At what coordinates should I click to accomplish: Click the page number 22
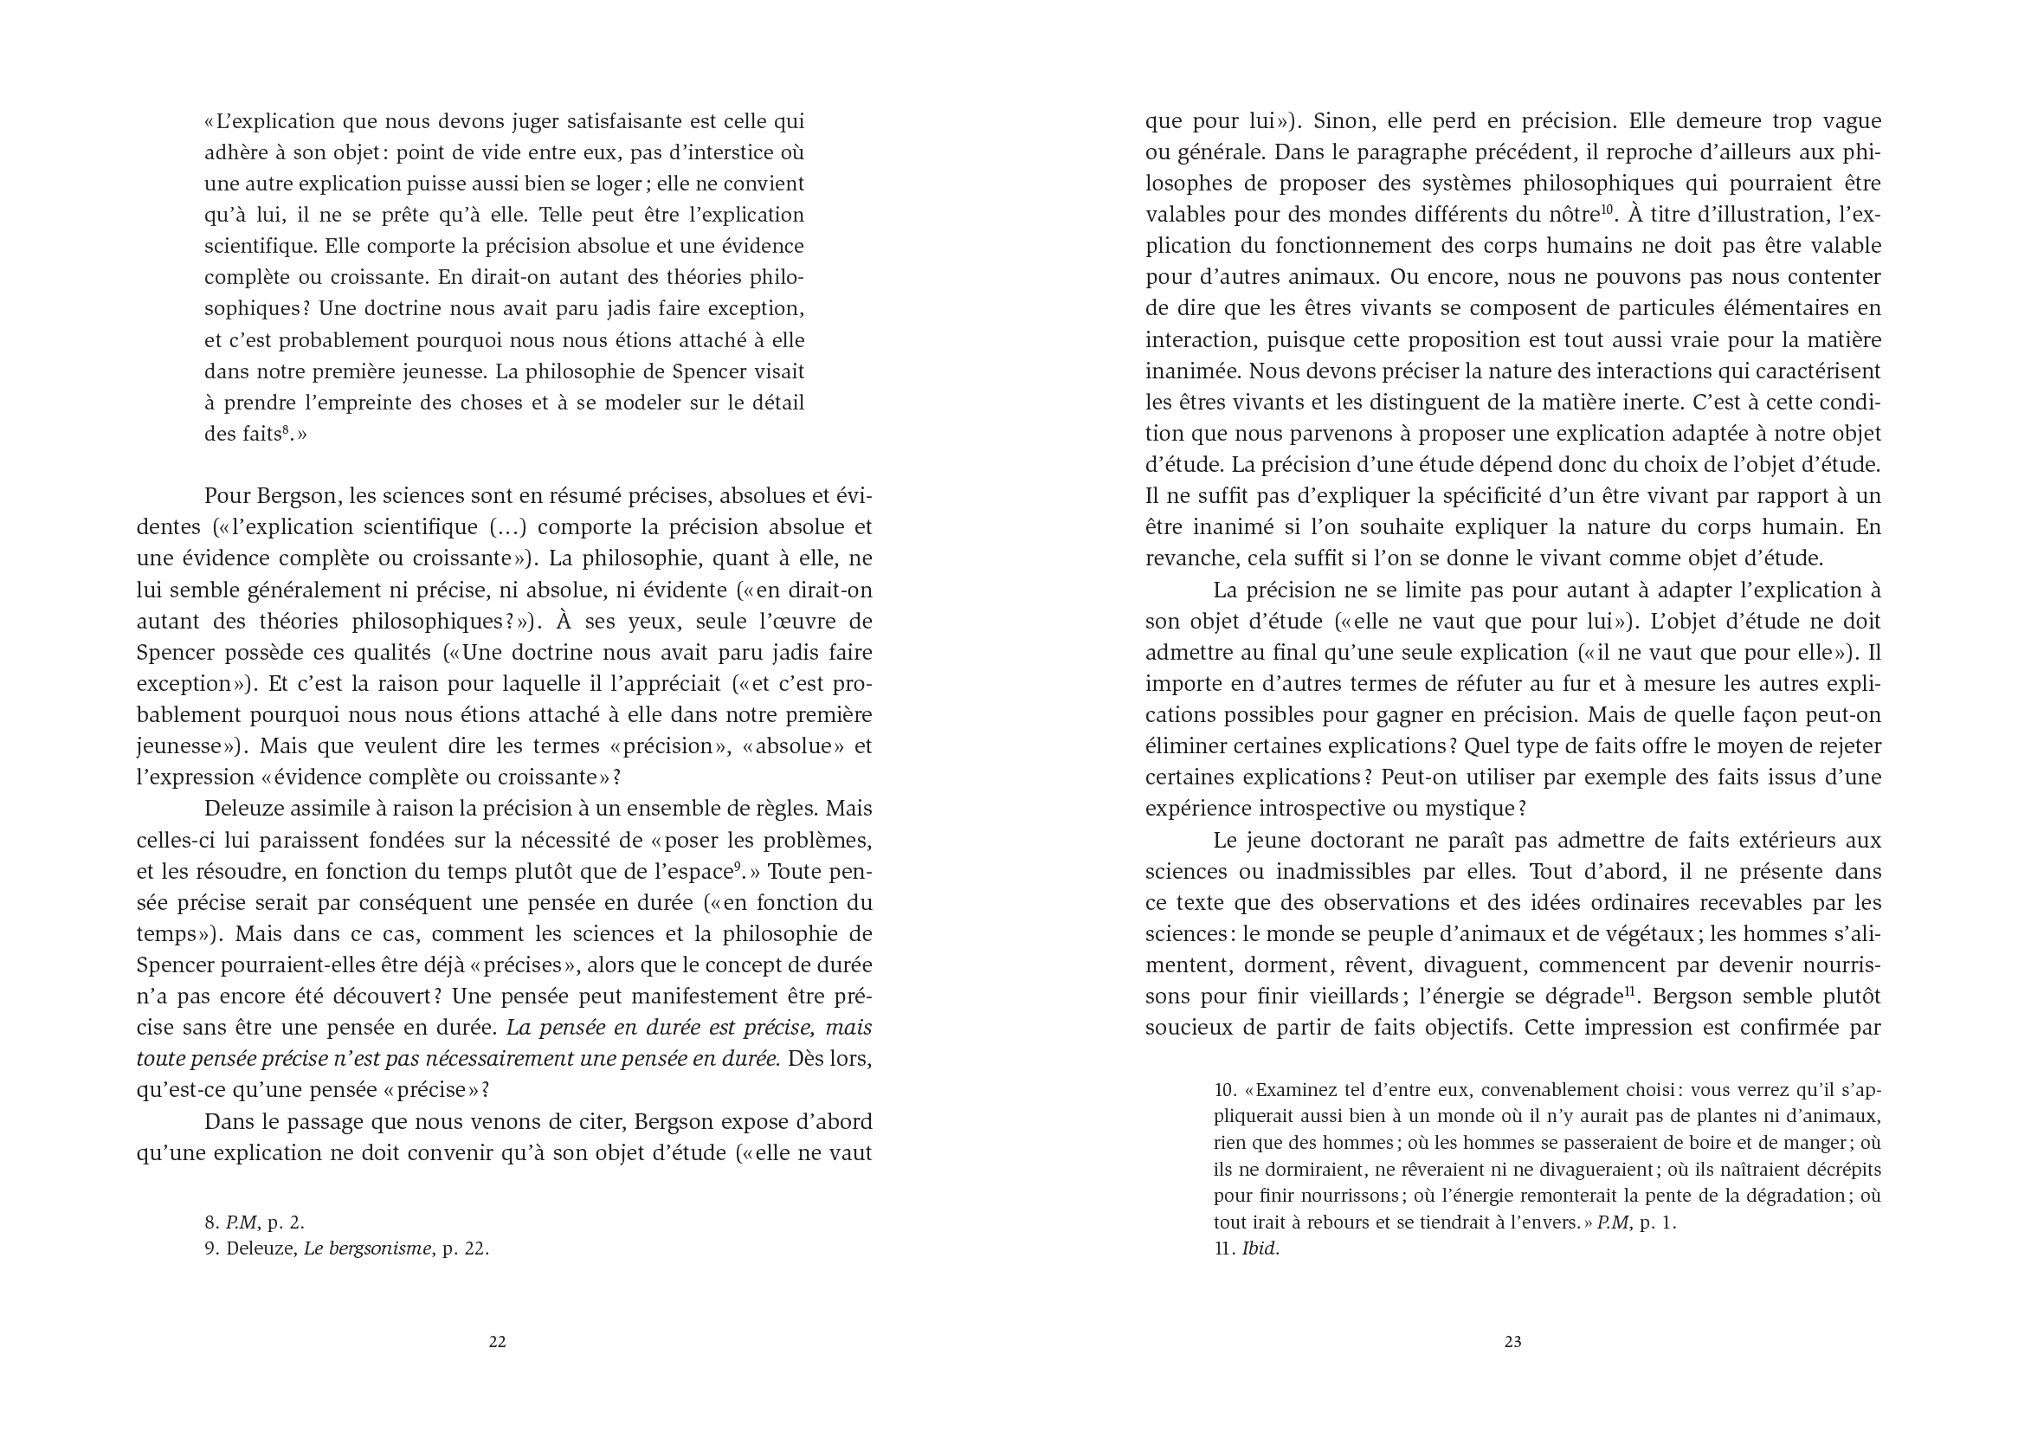click(497, 1342)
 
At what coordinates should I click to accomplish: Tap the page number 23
click(1512, 1342)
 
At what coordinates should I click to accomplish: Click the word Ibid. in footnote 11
click(1260, 1248)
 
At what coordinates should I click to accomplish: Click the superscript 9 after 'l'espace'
click(736, 866)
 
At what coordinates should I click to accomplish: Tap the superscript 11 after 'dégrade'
click(1631, 991)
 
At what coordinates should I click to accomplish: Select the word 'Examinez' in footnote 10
click(1297, 1091)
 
